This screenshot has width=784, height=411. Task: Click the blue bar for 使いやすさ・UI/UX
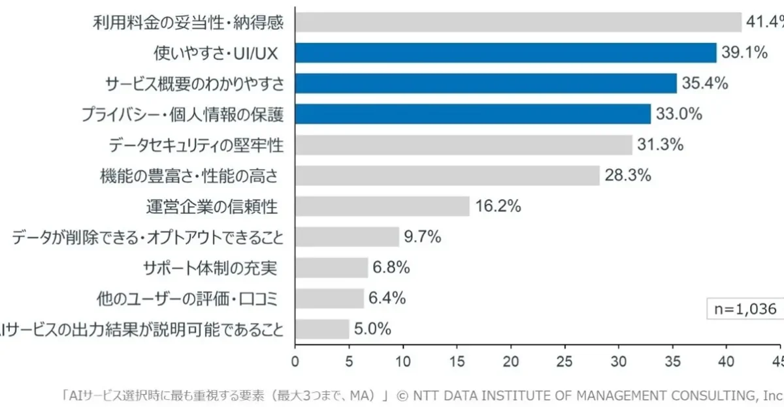[x=506, y=53]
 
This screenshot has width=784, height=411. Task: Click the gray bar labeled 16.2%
[x=382, y=206]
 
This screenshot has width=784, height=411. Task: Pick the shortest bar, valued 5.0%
[x=322, y=329]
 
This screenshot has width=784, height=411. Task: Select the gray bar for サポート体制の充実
[x=331, y=267]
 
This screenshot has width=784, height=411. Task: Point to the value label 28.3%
[x=627, y=175]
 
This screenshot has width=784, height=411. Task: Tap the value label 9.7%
[x=422, y=237]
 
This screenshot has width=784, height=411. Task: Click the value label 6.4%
[x=387, y=298]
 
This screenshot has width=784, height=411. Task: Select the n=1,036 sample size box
[x=743, y=309]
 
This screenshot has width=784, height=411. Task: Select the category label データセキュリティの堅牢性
[x=197, y=145]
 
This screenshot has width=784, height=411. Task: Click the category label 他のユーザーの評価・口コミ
[x=187, y=299]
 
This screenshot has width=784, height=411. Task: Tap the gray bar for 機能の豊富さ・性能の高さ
[x=447, y=175]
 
